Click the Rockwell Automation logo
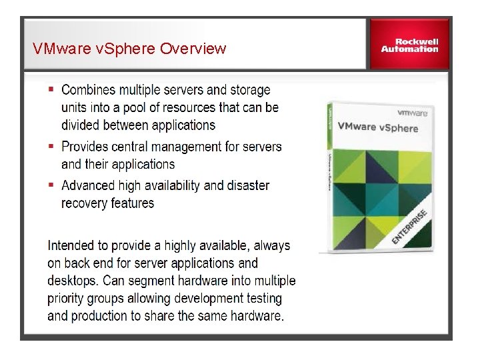(409, 44)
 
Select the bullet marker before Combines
(52, 89)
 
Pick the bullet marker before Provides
(52, 145)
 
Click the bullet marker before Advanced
(52, 185)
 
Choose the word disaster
(249, 185)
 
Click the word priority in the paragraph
(67, 298)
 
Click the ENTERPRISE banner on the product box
(409, 225)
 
